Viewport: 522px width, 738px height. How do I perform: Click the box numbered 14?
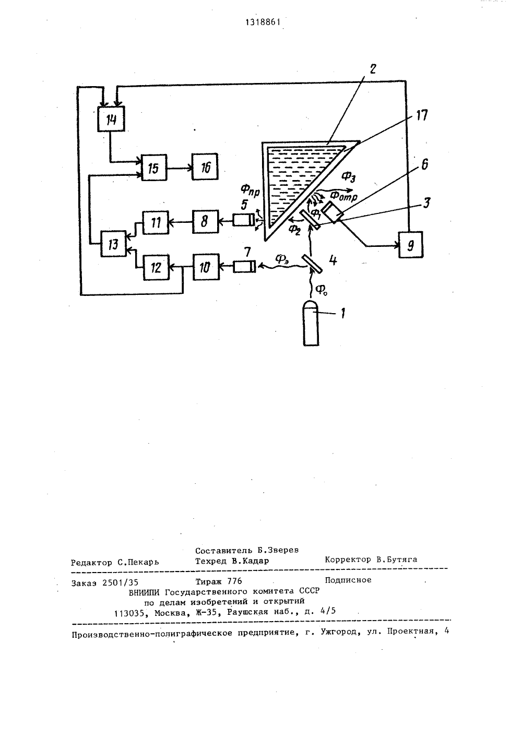coord(111,119)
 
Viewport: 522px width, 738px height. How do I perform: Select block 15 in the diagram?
coord(154,167)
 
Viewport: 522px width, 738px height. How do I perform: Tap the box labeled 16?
coord(205,166)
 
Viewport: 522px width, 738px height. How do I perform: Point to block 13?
coord(113,244)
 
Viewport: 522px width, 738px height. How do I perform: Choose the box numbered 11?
coord(156,222)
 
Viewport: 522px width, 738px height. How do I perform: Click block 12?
coord(156,267)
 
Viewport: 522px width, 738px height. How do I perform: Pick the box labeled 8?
coord(205,221)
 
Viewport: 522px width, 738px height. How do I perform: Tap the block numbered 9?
coord(411,244)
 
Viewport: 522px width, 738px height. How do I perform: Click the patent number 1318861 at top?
coord(263,22)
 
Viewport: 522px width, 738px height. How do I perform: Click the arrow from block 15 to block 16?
coord(180,168)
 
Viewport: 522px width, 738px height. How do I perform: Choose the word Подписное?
coord(348,580)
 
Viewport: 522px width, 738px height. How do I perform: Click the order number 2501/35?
coord(120,583)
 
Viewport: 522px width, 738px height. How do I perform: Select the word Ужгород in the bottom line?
coord(342,632)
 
